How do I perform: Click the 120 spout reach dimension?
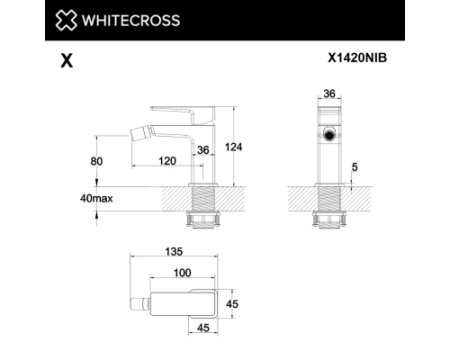(167, 161)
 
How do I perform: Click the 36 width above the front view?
(330, 92)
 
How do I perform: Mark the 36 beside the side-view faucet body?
(202, 149)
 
